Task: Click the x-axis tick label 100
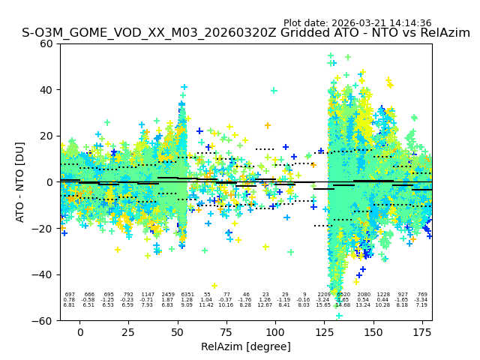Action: point(275,332)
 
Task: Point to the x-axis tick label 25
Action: point(129,332)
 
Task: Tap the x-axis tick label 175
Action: point(421,332)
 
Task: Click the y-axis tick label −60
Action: point(43,320)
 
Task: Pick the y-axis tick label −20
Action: point(43,228)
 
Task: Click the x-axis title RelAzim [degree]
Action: point(246,346)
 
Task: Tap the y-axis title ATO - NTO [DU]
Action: point(20,182)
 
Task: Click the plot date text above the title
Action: point(357,23)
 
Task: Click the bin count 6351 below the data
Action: point(187,295)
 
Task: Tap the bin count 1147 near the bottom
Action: point(148,295)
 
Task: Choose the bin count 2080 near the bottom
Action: point(363,295)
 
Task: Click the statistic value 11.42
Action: point(207,305)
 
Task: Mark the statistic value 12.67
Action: point(265,305)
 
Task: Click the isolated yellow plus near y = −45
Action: point(214,286)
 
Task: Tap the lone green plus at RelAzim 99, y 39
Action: point(274,91)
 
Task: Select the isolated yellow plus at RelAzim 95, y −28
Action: point(265,247)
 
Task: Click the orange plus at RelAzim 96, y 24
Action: point(268,125)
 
